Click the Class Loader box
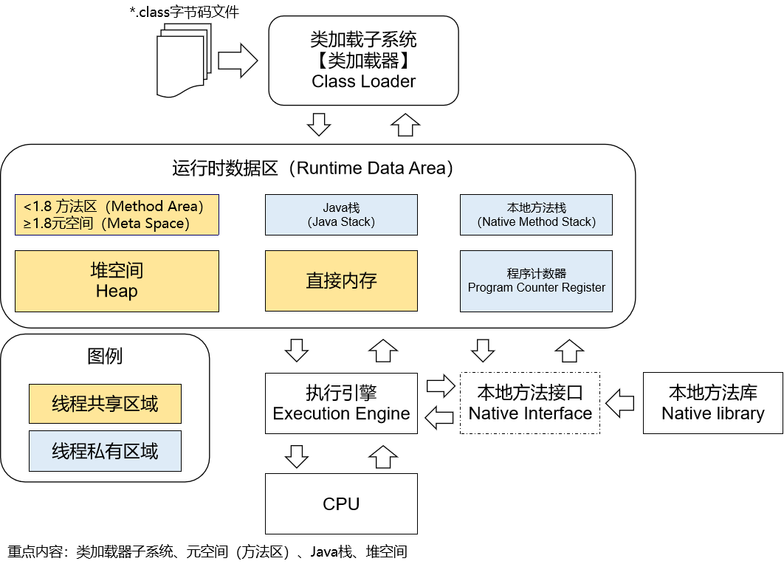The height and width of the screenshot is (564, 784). (x=363, y=61)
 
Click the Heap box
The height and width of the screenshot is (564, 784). (x=117, y=281)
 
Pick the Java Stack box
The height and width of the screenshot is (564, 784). (x=341, y=215)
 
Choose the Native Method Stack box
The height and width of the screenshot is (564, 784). (x=536, y=215)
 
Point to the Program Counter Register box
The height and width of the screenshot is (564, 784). (x=536, y=281)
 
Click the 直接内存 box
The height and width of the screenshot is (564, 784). (x=341, y=281)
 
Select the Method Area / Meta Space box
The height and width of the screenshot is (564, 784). (x=117, y=215)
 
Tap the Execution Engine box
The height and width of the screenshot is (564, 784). (x=341, y=403)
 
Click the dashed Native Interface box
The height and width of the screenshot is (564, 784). (x=530, y=403)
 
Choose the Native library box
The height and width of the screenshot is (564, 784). (x=712, y=403)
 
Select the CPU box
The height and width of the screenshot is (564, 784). (x=341, y=504)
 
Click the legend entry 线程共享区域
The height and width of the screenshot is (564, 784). (x=105, y=404)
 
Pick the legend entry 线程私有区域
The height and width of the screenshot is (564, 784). (x=105, y=451)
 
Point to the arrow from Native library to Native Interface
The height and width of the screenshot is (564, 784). (x=620, y=403)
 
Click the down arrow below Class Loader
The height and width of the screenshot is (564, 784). (x=319, y=124)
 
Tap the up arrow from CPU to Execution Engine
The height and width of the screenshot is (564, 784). (x=382, y=457)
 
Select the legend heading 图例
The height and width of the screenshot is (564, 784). (x=105, y=357)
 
